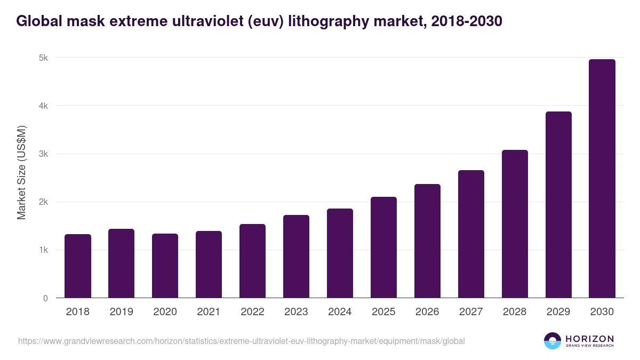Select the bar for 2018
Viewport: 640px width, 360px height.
[x=78, y=266]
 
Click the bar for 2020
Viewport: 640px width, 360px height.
[x=165, y=266]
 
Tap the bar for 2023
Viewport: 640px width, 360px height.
[x=297, y=257]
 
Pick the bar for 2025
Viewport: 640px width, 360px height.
[x=384, y=247]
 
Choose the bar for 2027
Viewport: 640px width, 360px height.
[x=471, y=234]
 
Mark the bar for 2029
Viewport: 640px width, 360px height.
[x=558, y=205]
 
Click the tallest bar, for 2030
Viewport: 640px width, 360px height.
[x=602, y=179]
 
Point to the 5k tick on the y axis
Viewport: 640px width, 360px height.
[x=44, y=58]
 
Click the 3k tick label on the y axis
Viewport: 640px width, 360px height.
[x=44, y=154]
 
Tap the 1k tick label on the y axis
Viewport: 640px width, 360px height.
[x=44, y=250]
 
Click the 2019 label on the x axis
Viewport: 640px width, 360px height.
[x=122, y=312]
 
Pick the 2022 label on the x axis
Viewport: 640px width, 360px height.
[x=253, y=312]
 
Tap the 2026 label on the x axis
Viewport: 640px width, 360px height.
[x=428, y=312]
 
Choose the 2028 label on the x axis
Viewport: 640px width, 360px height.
[x=515, y=312]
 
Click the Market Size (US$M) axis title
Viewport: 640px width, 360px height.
[x=21, y=172]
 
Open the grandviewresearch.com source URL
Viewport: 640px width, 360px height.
[x=242, y=341]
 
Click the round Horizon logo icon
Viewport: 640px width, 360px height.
[x=552, y=341]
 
